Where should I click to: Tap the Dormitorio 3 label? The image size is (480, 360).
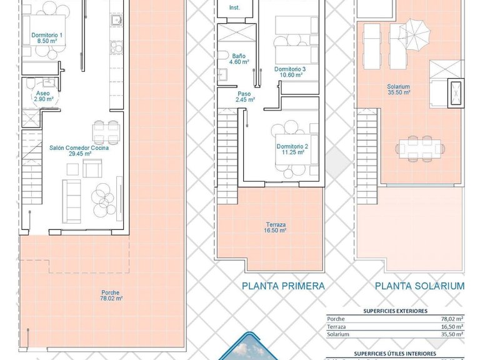(290, 71)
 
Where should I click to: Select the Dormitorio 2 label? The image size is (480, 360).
(290, 149)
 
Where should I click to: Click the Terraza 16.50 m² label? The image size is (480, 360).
(274, 226)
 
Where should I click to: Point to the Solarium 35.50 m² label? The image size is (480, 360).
(397, 89)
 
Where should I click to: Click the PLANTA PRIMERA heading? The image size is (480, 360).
(283, 286)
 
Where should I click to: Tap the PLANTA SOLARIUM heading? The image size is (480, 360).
(419, 286)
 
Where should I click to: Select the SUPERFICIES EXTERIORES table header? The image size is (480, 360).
(395, 310)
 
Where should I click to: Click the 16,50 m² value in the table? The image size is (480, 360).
(451, 326)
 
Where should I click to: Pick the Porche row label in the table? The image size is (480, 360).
(336, 318)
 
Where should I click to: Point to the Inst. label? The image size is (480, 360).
(234, 7)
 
